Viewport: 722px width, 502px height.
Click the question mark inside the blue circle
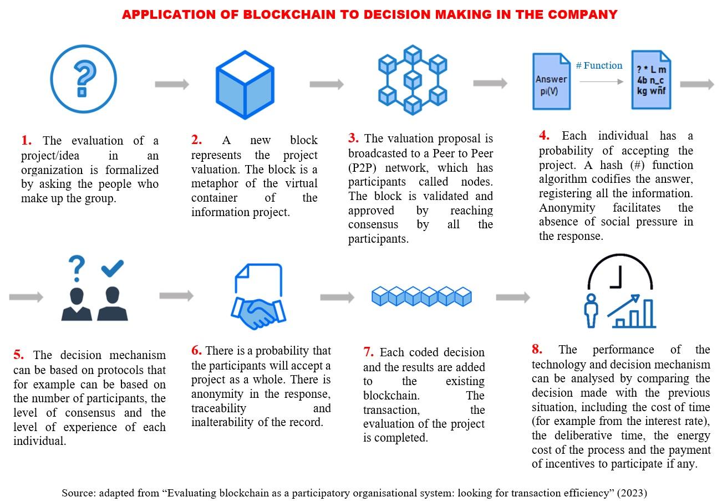pos(83,78)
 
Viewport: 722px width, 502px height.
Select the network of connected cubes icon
pos(412,80)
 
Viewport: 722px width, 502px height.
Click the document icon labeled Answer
pos(551,81)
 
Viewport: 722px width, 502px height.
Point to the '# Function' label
pos(599,66)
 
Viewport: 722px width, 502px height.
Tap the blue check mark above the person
pos(113,269)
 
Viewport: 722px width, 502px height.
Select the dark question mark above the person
pos(77,269)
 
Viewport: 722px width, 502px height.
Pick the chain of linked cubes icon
pos(421,296)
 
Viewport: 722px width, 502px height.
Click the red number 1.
pos(26,141)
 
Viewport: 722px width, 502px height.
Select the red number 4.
pos(544,136)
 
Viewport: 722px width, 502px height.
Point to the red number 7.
pos(368,352)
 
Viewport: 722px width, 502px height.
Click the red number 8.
pos(537,350)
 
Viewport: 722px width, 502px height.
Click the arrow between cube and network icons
pos(326,84)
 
